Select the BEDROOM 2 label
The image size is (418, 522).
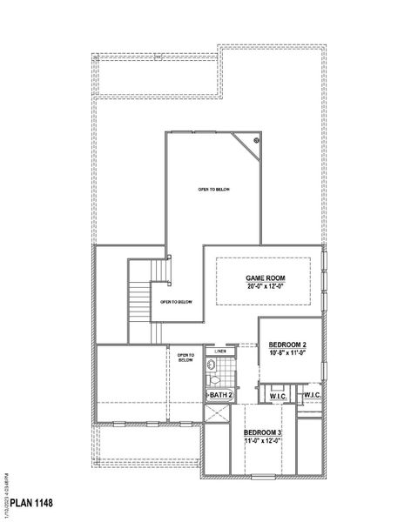pos(287,345)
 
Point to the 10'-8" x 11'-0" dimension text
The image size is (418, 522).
pos(287,353)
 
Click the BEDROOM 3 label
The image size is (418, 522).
pos(262,432)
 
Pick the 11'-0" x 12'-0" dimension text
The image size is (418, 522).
pos(262,441)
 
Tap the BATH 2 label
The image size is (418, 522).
pos(220,395)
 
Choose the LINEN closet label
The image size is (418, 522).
pos(221,351)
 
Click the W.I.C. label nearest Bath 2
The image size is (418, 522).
pos(279,396)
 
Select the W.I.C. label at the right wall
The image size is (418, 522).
pos(313,396)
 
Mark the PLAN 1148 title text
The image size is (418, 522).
pos(33,504)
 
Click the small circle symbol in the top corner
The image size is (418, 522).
pos(257,139)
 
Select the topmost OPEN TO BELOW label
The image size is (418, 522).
pos(213,189)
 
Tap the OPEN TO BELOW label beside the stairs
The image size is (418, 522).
pos(176,302)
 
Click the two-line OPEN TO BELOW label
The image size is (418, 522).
pos(185,358)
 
